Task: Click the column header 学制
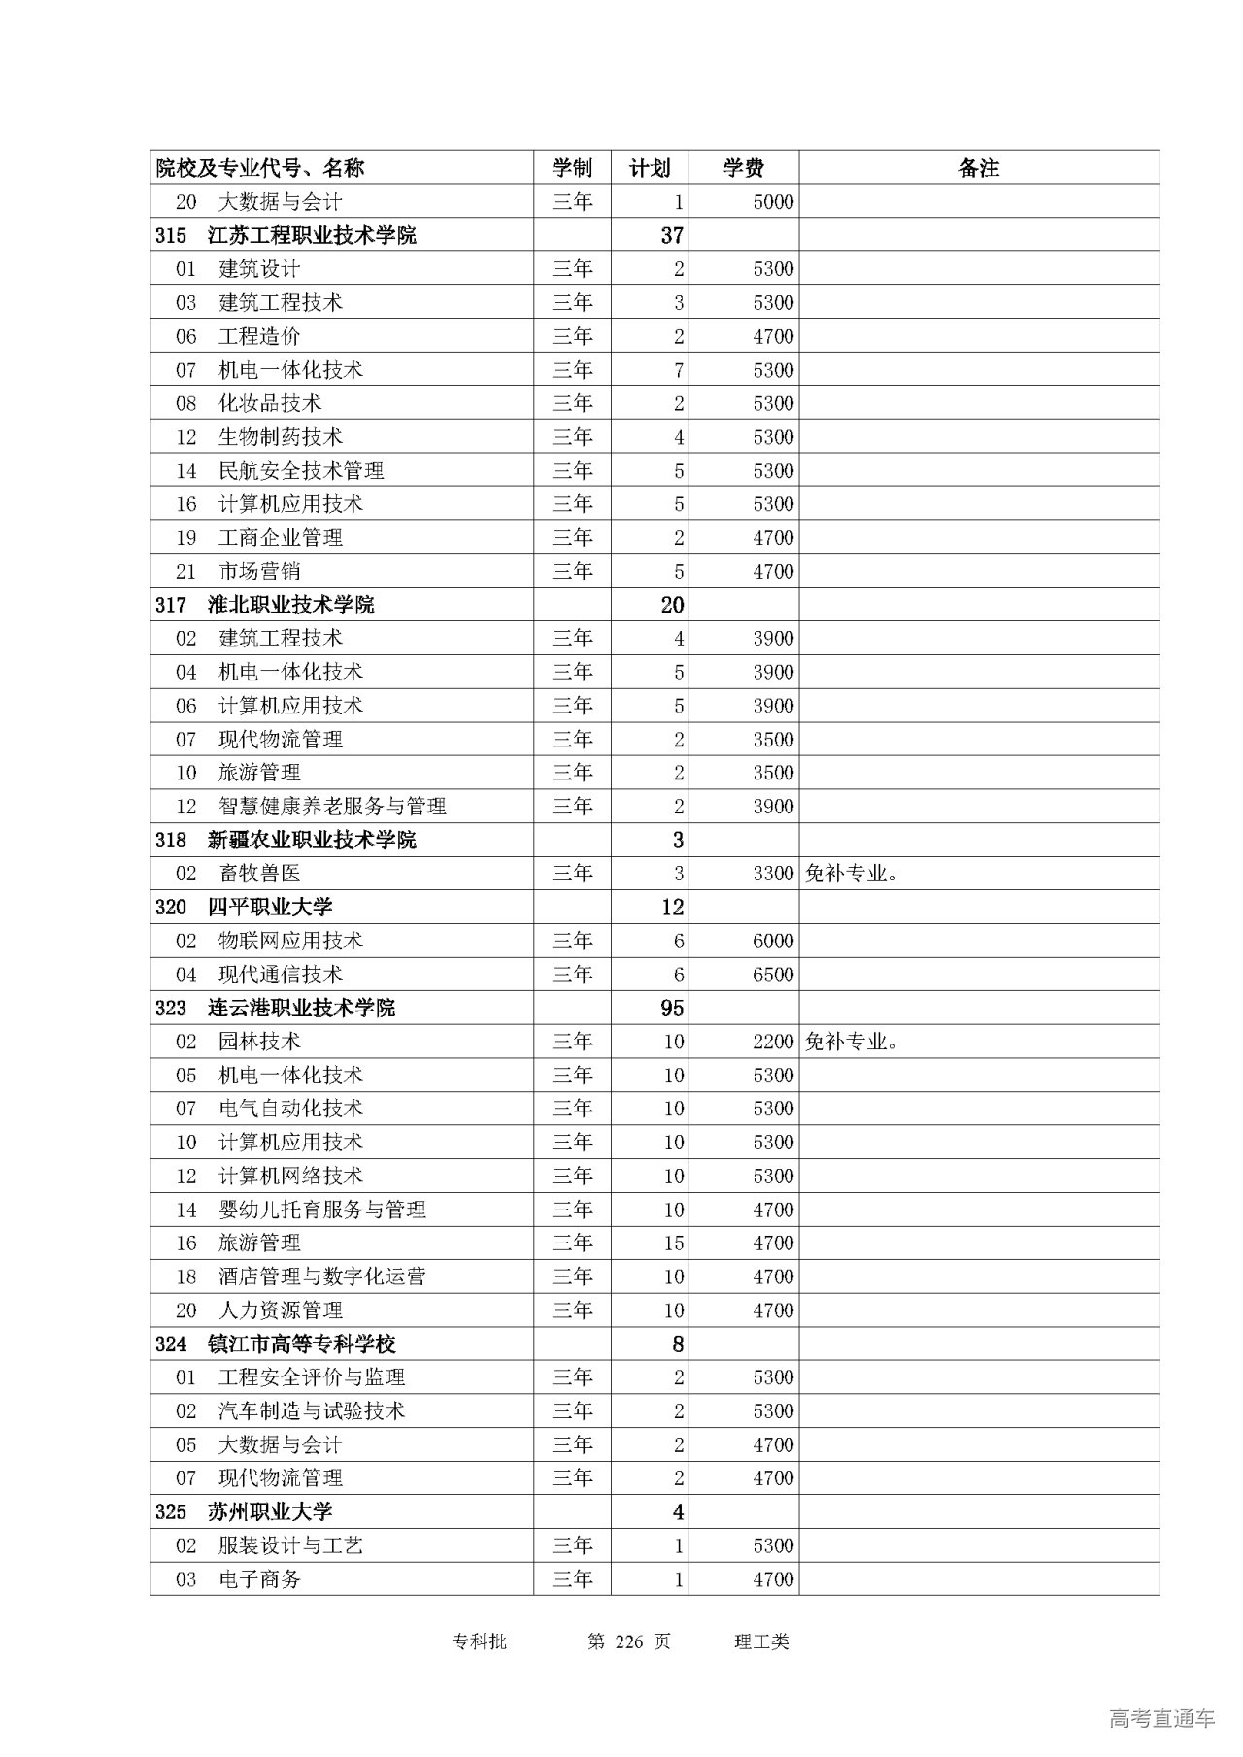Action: point(572,168)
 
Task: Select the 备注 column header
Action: point(978,168)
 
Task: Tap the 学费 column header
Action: point(743,168)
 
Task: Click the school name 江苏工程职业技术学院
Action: point(312,235)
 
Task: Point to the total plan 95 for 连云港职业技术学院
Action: point(672,1008)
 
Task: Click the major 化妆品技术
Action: point(270,403)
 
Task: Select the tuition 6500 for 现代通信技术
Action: point(773,975)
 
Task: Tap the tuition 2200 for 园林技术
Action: point(773,1042)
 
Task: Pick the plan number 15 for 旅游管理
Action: point(674,1243)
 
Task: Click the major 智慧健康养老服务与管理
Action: point(332,807)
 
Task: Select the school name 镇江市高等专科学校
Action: point(302,1344)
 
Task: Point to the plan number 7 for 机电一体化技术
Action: point(679,370)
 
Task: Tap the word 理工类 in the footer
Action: point(762,1641)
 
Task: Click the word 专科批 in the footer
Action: point(480,1641)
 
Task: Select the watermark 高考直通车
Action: point(1161,1719)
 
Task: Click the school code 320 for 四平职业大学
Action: point(171,908)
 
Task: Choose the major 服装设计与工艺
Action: point(290,1545)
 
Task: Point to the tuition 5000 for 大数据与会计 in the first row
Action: point(773,202)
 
